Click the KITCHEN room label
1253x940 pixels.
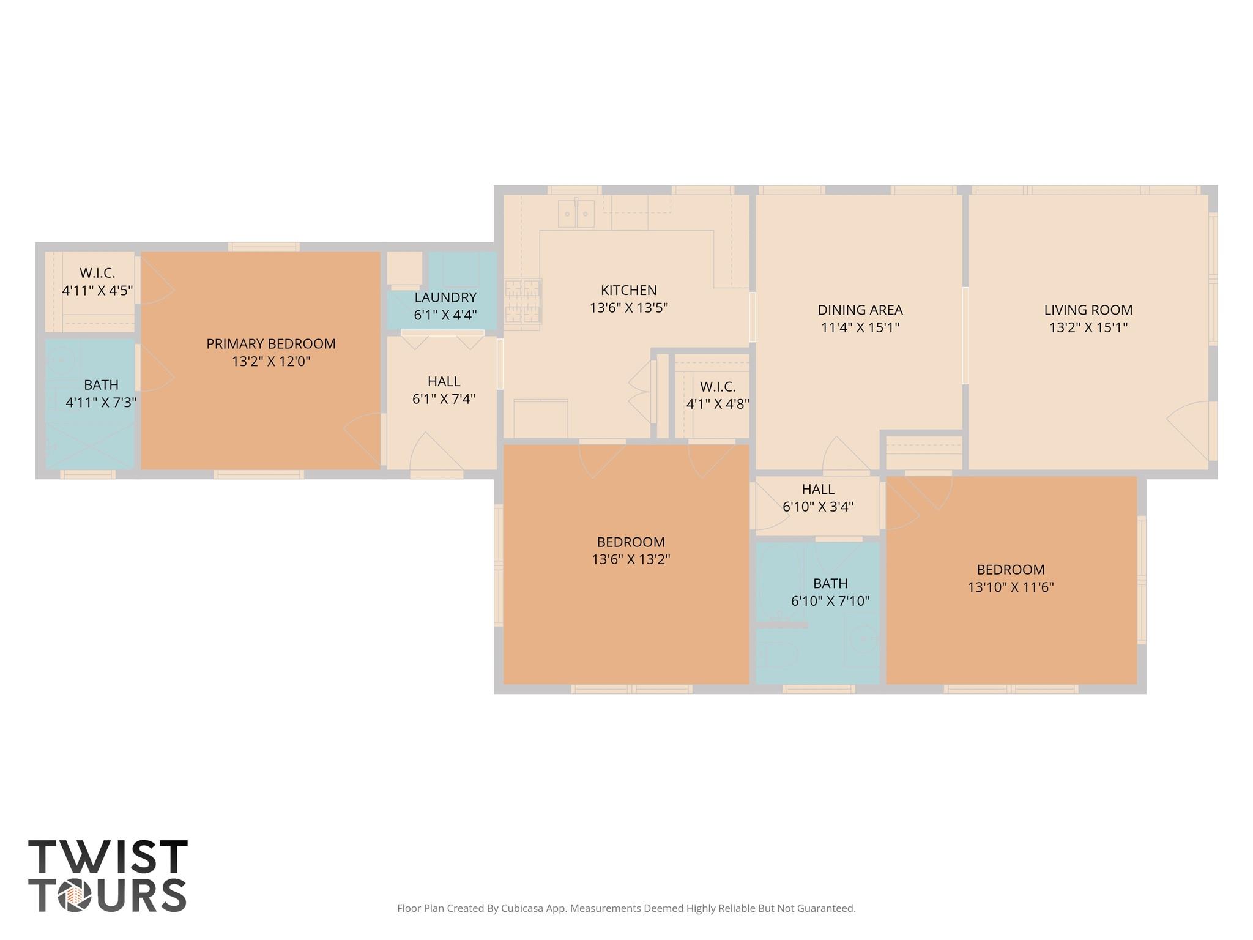[628, 290]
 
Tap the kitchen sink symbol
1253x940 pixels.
[576, 214]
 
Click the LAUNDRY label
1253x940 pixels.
[445, 297]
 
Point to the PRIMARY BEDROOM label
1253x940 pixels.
[270, 344]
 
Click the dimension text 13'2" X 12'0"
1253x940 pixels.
[270, 362]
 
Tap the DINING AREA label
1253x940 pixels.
[860, 310]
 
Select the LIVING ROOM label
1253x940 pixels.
[1088, 310]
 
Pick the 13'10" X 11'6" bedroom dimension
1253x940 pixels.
[1010, 587]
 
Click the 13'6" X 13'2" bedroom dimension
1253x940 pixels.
[630, 559]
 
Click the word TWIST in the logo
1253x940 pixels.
[108, 857]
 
